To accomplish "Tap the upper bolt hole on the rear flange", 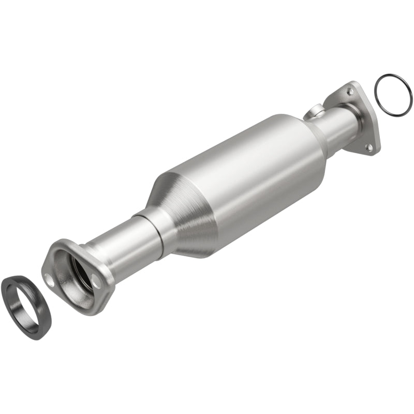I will click(x=351, y=92).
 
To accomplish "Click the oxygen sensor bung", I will click(x=315, y=110).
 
